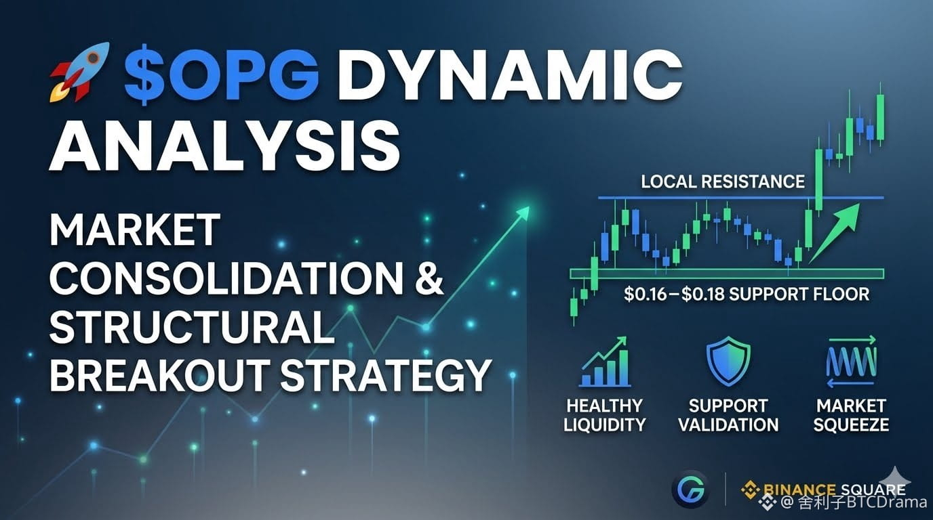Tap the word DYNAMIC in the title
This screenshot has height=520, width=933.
(509, 75)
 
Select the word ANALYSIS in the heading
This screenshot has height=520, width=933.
(225, 144)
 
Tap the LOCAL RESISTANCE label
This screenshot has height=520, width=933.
(723, 181)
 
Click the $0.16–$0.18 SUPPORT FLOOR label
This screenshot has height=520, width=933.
(747, 294)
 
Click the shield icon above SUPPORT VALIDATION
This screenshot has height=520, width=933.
(728, 360)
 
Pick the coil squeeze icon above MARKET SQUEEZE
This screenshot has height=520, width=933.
(851, 362)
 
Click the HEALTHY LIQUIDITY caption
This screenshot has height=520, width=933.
(604, 415)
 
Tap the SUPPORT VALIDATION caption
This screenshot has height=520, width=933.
(728, 415)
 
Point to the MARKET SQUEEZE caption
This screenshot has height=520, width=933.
(851, 415)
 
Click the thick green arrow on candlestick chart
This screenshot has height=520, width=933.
(834, 233)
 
